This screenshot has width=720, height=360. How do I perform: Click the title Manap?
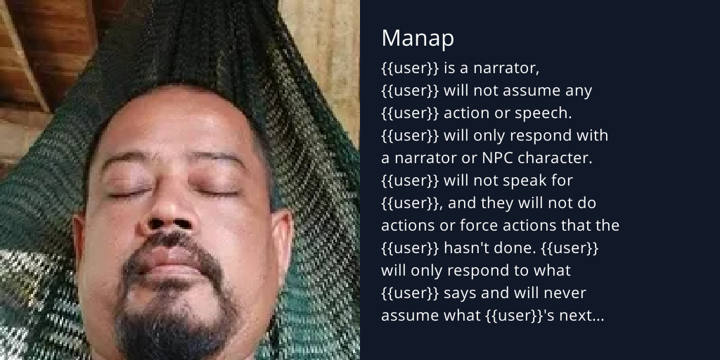418,39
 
